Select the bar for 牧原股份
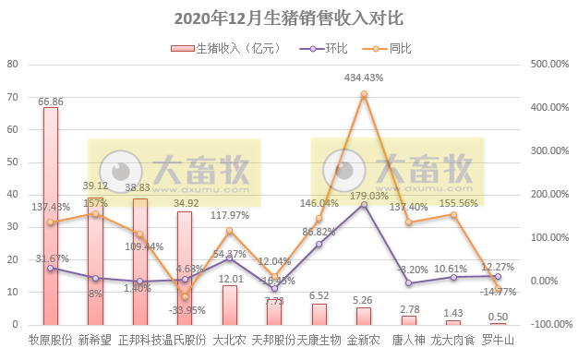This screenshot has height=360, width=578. coord(51,216)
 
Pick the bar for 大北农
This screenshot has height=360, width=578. coord(229,305)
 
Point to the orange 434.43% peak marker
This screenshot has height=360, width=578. coord(364,93)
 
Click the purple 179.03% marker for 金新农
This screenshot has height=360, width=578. coord(364,204)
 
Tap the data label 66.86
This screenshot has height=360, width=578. coord(51,101)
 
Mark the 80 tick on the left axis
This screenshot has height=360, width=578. coord(13,65)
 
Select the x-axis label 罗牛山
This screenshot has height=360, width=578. coord(498,341)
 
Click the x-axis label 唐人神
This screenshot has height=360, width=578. coord(408,341)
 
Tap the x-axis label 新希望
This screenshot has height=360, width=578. coord(95,341)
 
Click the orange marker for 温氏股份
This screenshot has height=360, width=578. coord(185,296)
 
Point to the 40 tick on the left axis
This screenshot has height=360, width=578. coord(13,195)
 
